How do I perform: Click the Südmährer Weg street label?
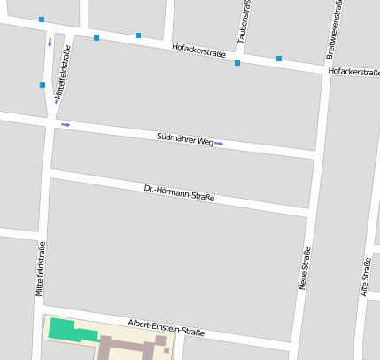point(185,139)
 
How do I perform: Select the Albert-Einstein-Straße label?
point(166,327)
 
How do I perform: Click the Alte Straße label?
point(365,278)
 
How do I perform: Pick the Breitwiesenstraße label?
point(337,29)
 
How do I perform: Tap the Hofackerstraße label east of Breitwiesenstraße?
point(353,72)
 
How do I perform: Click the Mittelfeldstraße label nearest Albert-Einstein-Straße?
point(40,268)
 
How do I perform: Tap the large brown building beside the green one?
point(133,346)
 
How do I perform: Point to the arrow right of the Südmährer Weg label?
point(219,143)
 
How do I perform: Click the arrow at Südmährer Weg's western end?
point(66,125)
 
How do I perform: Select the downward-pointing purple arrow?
point(50,42)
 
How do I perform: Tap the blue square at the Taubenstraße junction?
point(237,63)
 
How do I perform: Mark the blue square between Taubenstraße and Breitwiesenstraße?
point(278,59)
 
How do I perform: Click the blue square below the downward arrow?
point(43,85)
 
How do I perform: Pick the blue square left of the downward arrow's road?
point(42,20)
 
